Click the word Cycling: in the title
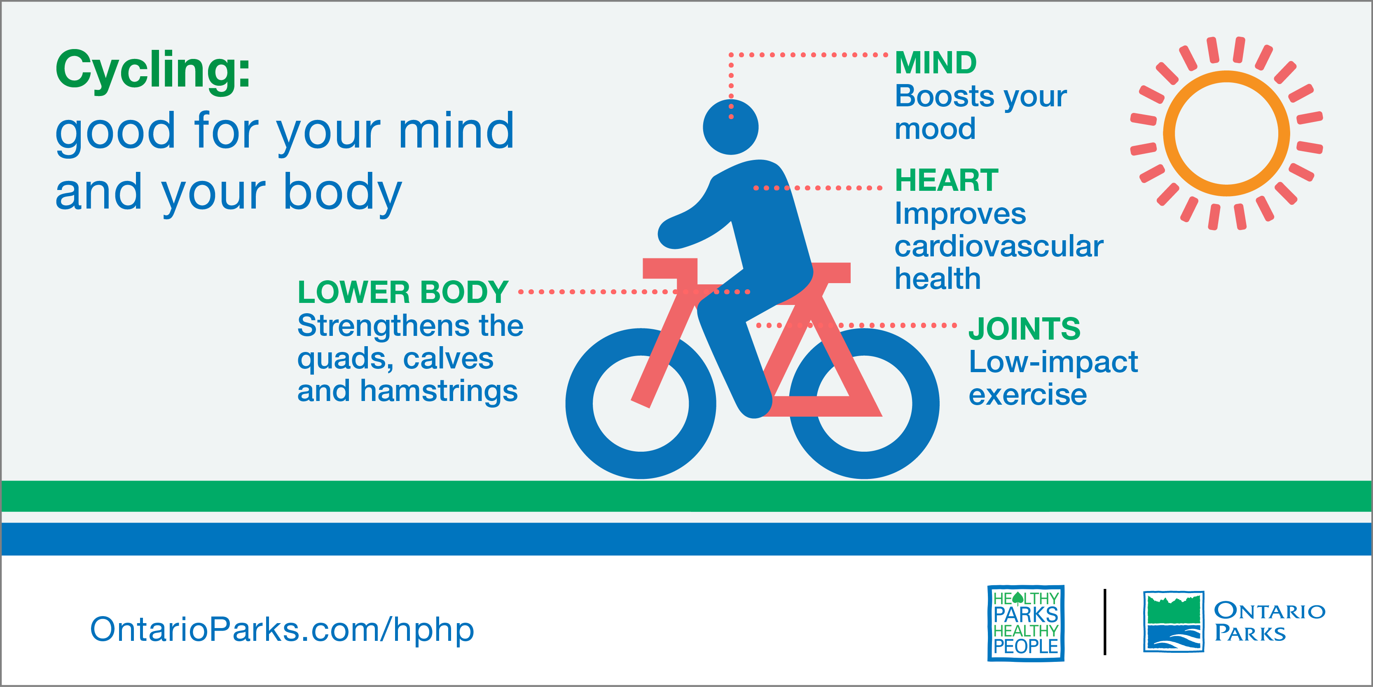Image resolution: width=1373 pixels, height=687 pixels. pyautogui.click(x=153, y=70)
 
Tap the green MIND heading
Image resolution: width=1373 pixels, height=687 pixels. pyautogui.click(x=936, y=63)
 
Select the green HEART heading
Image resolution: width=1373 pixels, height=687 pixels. pyautogui.click(x=947, y=180)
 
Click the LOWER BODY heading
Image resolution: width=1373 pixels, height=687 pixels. pyautogui.click(x=403, y=292)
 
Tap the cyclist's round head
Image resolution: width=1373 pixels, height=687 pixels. pyautogui.click(x=730, y=127)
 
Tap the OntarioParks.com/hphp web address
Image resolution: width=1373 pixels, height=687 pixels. pyautogui.click(x=282, y=629)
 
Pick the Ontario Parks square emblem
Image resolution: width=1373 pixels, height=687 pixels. pyautogui.click(x=1174, y=621)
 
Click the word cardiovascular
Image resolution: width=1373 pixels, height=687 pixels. pyautogui.click(x=999, y=246)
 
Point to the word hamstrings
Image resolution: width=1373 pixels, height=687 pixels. pyautogui.click(x=439, y=391)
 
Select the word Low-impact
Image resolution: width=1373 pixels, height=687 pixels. pyautogui.click(x=1053, y=362)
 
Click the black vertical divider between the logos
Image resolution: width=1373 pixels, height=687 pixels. pyautogui.click(x=1105, y=622)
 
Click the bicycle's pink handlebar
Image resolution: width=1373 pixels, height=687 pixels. pyautogui.click(x=669, y=268)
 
